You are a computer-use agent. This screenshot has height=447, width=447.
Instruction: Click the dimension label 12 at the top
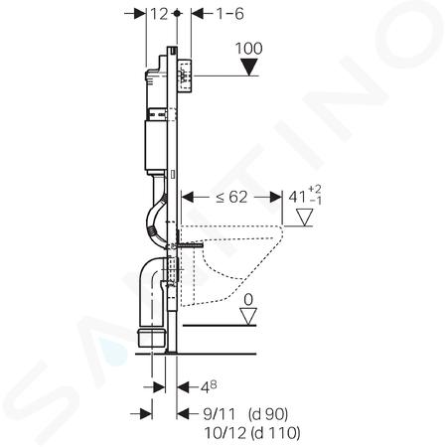point(159,14)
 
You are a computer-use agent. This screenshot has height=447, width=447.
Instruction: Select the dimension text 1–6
point(229,14)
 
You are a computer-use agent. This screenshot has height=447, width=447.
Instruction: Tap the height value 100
point(248,49)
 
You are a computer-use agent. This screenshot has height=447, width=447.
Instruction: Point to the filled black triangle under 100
point(249,68)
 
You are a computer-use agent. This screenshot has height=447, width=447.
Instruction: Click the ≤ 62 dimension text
point(231,198)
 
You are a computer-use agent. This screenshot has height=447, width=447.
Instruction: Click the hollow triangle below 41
point(304,218)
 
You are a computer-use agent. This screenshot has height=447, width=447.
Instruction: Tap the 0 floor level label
point(248,300)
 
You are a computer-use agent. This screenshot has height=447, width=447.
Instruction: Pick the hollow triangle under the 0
point(248,317)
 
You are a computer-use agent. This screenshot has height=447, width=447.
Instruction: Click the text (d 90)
point(268,414)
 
